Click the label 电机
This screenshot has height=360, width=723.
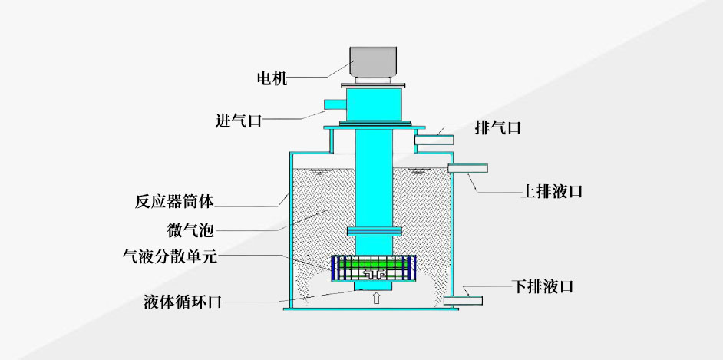tap(272, 78)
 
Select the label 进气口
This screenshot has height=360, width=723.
tap(239, 121)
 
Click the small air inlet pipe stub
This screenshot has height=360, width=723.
tap(335, 104)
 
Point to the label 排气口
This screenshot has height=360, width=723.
tap(498, 127)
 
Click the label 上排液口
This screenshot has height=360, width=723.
tap(552, 191)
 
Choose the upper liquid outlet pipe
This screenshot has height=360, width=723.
tap(467, 169)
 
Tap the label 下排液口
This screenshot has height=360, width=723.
tap(543, 287)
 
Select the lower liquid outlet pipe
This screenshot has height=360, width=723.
tap(463, 301)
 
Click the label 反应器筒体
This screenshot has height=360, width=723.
tap(174, 201)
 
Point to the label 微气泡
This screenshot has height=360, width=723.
tap(190, 229)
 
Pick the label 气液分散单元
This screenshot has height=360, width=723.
tap(169, 256)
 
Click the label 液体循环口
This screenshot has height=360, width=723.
tap(183, 302)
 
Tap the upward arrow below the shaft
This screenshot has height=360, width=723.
tap(376, 299)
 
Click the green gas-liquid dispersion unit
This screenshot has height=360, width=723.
tap(374, 268)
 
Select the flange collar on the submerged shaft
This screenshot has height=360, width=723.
tap(374, 232)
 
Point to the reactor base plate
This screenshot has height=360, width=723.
tap(371, 309)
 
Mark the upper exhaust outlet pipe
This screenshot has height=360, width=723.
tap(434, 139)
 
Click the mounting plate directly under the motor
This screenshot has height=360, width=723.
tap(373, 85)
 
